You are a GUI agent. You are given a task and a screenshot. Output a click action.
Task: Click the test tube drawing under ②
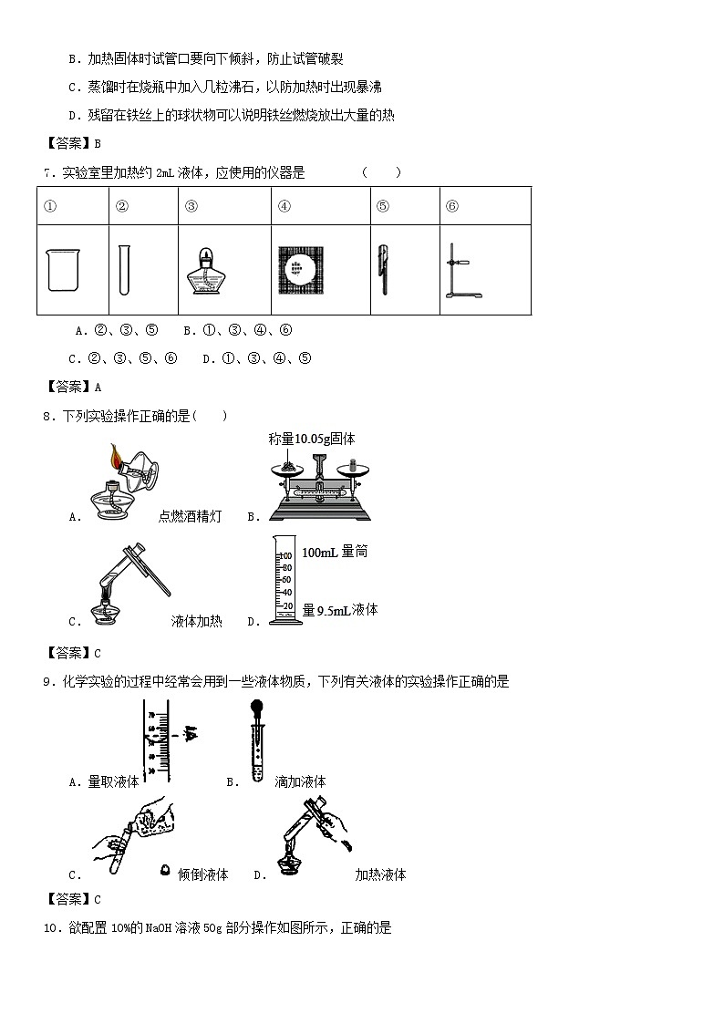124,270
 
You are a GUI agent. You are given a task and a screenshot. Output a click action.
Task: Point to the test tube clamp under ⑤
383,270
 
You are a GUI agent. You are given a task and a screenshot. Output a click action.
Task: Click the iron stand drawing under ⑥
458,271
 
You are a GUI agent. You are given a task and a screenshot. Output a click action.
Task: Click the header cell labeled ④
284,206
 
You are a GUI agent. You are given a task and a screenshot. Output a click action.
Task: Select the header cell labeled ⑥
452,206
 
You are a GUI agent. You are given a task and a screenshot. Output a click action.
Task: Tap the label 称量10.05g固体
312,439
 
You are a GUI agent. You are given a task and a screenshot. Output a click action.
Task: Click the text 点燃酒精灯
190,517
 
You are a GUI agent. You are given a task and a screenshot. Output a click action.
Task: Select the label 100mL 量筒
335,553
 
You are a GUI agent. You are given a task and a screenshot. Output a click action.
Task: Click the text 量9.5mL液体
339,611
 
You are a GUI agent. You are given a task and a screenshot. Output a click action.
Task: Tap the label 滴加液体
300,781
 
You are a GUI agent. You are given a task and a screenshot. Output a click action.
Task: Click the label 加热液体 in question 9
380,874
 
